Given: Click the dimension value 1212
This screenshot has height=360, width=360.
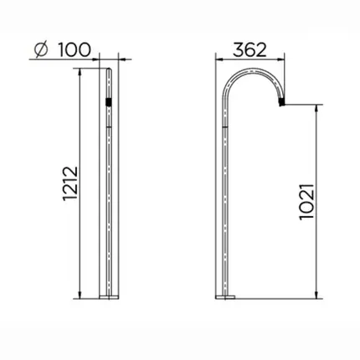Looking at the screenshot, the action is point(69,183).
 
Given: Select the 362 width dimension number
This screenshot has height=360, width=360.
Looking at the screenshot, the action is point(249,50).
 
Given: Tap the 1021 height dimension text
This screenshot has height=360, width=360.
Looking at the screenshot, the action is point(306,202).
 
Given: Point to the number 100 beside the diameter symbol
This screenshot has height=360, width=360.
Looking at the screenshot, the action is point(75,49).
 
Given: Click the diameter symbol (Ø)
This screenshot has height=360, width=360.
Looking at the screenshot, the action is point(41,50).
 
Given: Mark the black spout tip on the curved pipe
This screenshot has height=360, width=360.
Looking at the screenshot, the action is point(282,101).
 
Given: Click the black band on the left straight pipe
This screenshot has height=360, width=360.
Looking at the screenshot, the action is point(109,101).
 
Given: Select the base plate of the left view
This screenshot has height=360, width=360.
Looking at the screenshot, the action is point(109,297).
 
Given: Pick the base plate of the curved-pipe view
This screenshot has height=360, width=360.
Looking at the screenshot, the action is point(225,297).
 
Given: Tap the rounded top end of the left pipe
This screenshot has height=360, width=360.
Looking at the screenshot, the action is point(109,69).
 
